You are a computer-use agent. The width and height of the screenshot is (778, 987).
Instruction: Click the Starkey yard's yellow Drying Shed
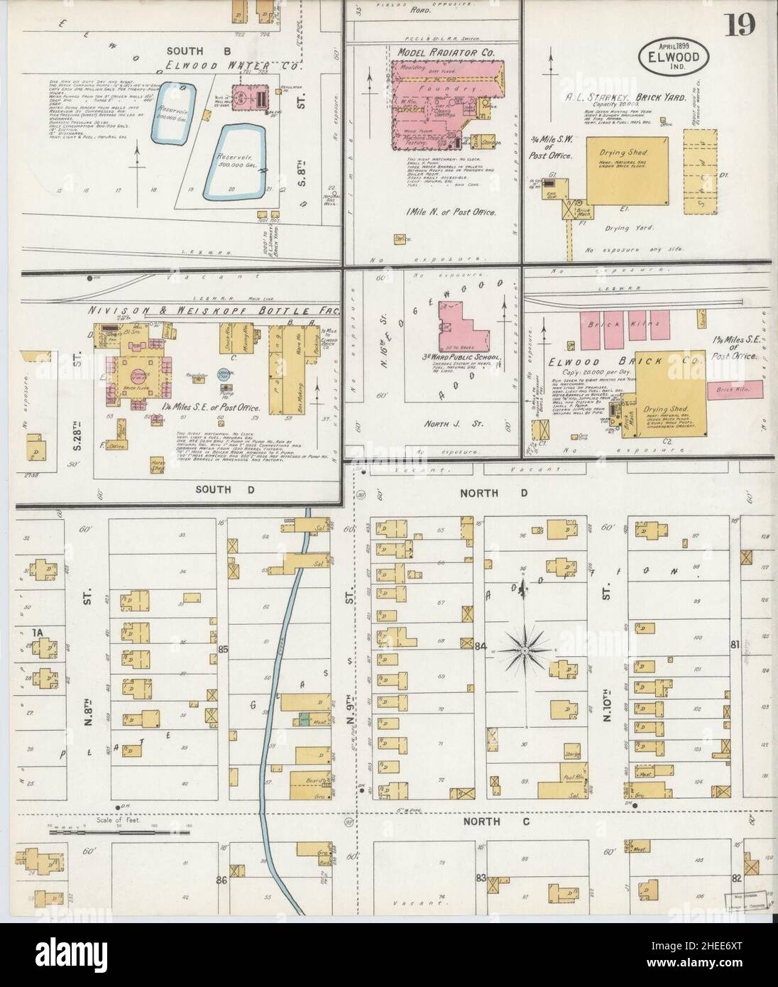coord(627,170)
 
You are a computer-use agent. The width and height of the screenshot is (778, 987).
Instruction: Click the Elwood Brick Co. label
coord(625,361)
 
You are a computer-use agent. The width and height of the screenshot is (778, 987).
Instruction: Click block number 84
coord(482,646)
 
